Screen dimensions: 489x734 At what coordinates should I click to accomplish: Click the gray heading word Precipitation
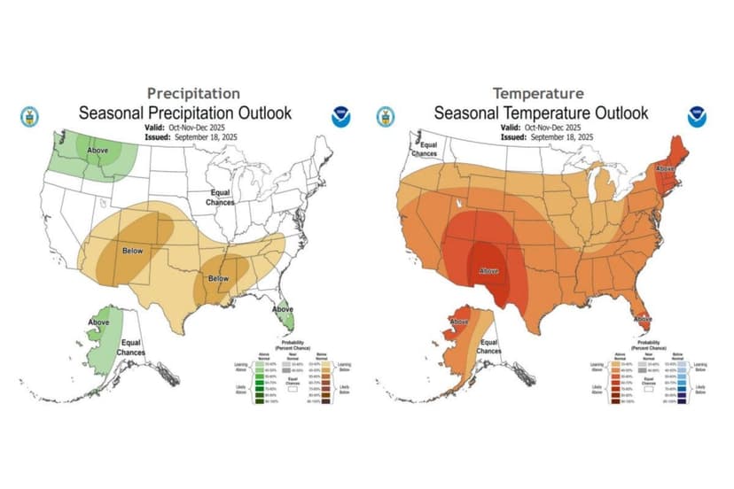click(x=193, y=93)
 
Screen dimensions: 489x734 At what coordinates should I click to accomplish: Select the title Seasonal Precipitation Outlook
click(x=184, y=113)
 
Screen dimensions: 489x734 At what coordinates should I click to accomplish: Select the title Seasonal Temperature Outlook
click(x=541, y=113)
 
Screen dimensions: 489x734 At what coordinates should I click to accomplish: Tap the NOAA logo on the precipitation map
click(x=340, y=116)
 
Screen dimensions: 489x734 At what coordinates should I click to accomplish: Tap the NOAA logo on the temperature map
click(x=696, y=116)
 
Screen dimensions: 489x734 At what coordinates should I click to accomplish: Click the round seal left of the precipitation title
click(x=29, y=116)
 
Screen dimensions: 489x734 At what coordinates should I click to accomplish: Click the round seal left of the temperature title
click(x=386, y=116)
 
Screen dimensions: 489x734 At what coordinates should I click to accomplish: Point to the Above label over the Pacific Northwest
click(x=98, y=151)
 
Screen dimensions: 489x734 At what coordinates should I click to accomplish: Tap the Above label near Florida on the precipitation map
click(x=283, y=309)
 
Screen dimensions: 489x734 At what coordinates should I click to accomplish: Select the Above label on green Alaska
click(x=98, y=322)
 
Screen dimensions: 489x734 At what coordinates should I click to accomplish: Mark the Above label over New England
click(x=664, y=168)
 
